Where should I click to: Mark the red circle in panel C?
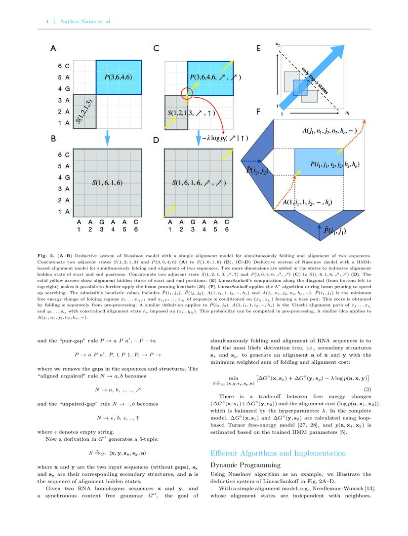pyautogui.click(x=188, y=92)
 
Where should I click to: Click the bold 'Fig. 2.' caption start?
pyautogui.click(x=46, y=256)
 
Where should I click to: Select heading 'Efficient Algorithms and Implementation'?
pyautogui.click(x=278, y=453)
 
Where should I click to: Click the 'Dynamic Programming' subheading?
pyautogui.click(x=245, y=465)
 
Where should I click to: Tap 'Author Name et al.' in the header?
pyautogui.click(x=85, y=21)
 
